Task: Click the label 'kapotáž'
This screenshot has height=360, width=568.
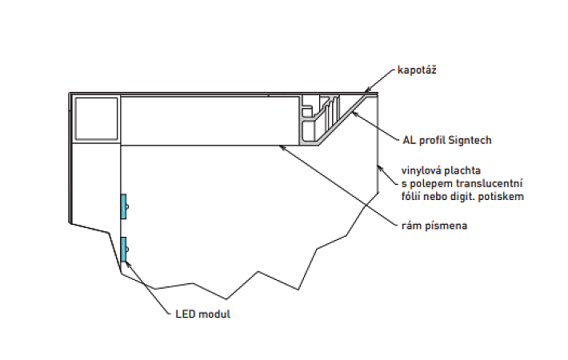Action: point(417,71)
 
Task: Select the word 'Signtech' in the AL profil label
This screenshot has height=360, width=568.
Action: point(470,140)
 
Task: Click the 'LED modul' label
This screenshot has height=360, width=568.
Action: point(202,314)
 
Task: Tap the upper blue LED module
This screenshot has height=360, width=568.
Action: point(123,206)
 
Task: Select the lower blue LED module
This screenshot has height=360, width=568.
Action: point(123,249)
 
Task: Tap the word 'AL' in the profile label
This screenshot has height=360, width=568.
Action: point(408,140)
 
